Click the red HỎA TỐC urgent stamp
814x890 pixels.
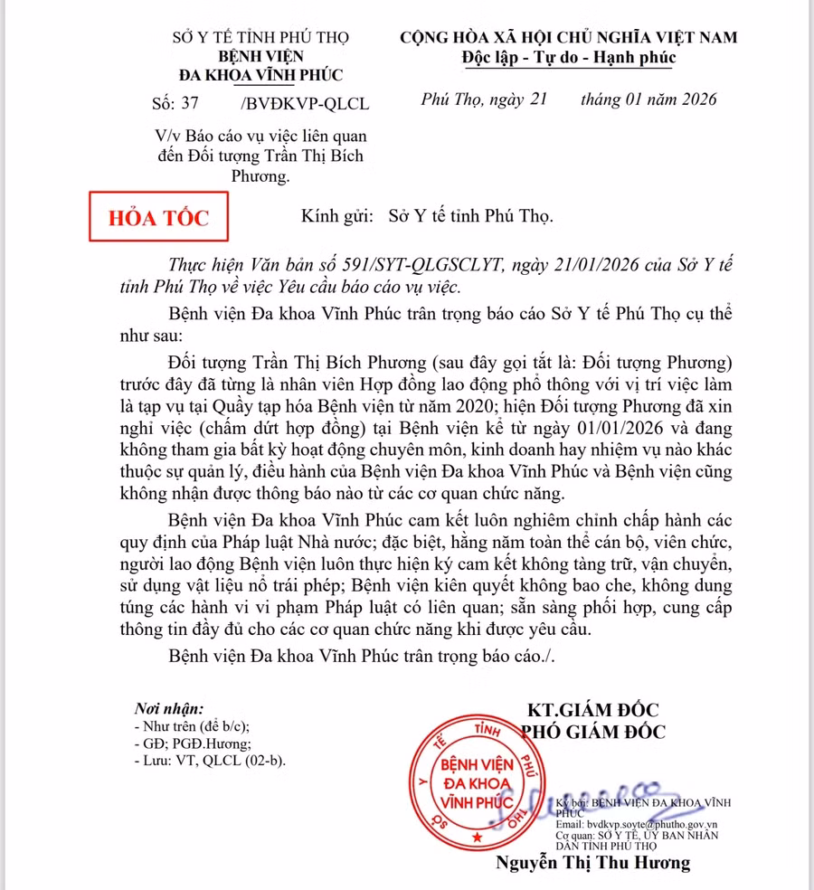point(158,217)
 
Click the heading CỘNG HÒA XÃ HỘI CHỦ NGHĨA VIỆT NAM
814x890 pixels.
point(569,37)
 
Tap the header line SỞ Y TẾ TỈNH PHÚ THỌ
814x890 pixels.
point(260,37)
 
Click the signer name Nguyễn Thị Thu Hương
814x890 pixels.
point(592,863)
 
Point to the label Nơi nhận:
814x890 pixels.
point(169,709)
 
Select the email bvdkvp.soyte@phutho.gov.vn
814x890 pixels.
point(637,824)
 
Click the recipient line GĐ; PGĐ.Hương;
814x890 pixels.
point(190,743)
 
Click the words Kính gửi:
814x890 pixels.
point(335,217)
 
